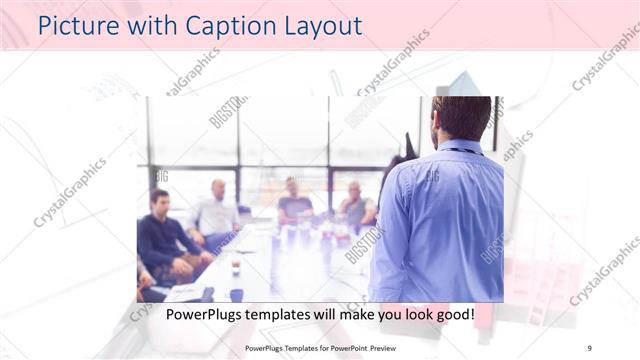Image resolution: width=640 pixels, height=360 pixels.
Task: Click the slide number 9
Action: coord(590,346)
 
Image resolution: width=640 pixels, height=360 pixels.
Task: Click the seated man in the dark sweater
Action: coord(163,240)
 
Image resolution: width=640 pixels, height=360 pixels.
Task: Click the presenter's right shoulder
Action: coord(490,165)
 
